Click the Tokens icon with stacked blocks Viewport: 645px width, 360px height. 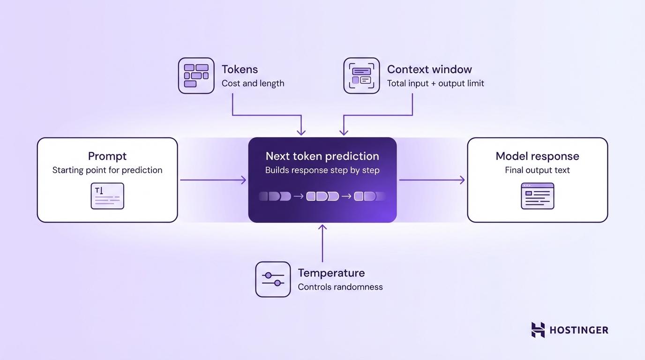click(196, 75)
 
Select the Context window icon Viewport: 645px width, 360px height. click(361, 75)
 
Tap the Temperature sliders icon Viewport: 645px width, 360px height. click(273, 279)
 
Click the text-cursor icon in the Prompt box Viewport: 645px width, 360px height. click(107, 196)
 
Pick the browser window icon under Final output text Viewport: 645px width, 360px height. click(537, 196)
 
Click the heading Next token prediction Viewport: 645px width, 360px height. click(322, 156)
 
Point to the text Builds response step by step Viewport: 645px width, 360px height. click(322, 170)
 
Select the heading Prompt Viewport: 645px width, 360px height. click(107, 156)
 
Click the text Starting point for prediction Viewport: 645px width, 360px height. click(107, 170)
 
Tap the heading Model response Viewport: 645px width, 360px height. click(537, 156)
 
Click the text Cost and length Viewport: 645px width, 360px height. click(253, 83)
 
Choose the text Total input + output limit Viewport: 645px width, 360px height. click(435, 83)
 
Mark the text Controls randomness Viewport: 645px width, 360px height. click(340, 287)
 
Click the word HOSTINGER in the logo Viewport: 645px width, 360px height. click(578, 330)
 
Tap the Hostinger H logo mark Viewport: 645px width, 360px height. click(538, 330)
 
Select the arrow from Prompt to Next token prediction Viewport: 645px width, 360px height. click(213, 180)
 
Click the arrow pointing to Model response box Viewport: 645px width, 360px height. click(432, 180)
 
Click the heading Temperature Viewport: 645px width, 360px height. click(331, 273)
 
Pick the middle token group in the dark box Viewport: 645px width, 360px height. click(322, 196)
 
